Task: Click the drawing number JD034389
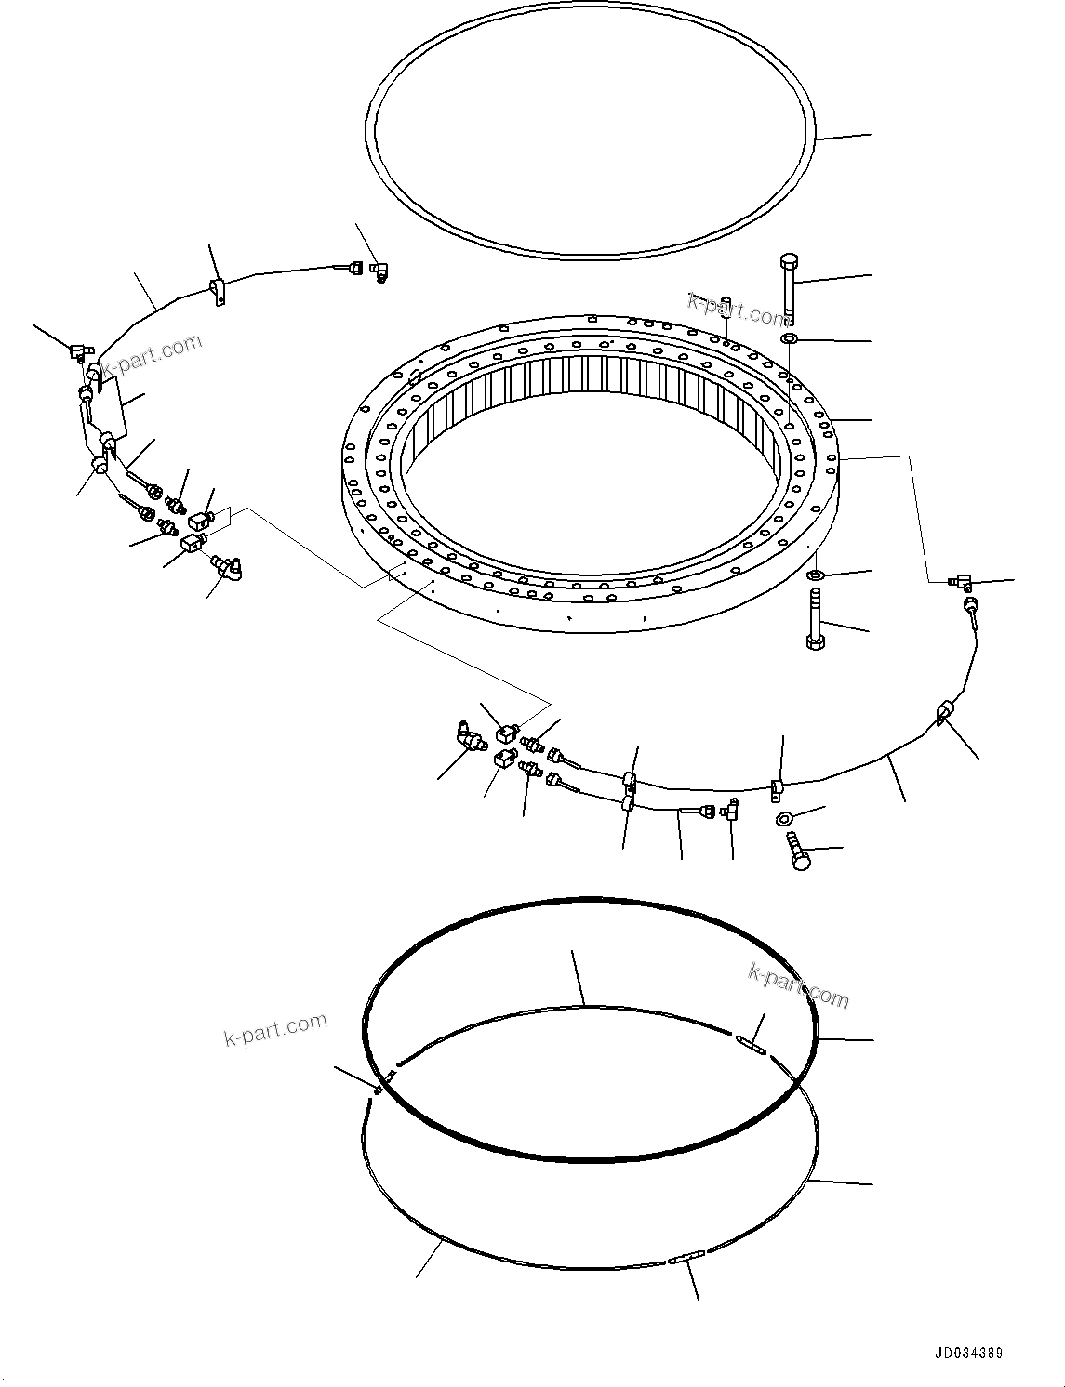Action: click(971, 1354)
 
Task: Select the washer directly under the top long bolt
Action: click(790, 338)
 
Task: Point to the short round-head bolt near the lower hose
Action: click(798, 852)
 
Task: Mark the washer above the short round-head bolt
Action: click(783, 818)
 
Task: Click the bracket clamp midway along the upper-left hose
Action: click(217, 291)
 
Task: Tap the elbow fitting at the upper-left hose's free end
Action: click(379, 271)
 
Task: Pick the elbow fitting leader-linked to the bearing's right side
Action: click(960, 583)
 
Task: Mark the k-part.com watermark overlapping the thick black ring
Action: click(798, 985)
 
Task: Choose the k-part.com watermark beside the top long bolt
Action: click(738, 310)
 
